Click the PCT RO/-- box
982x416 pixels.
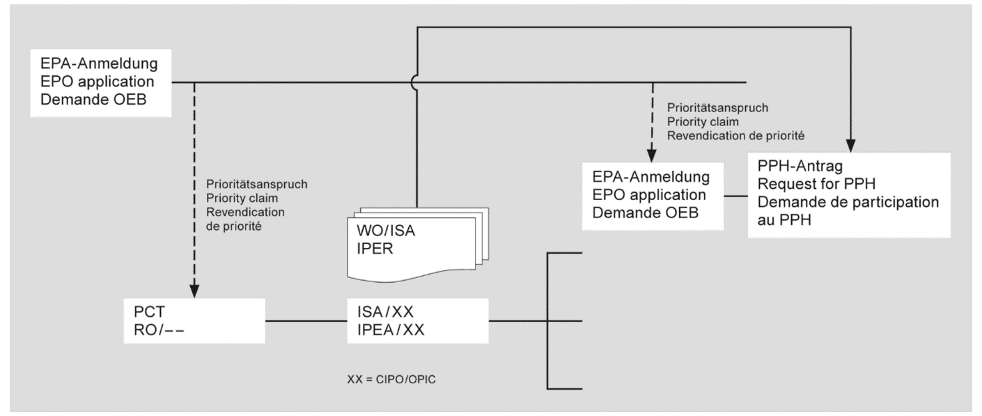point(195,321)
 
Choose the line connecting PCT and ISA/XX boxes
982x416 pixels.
point(307,321)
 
